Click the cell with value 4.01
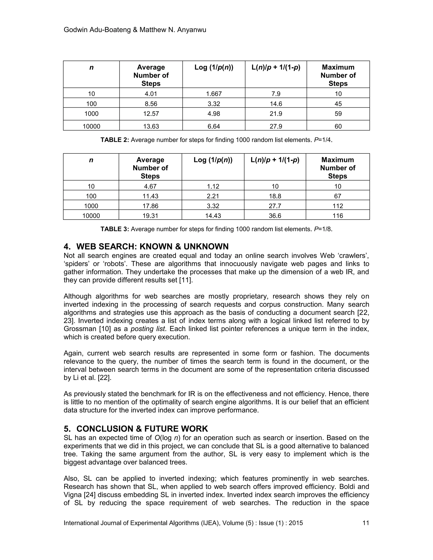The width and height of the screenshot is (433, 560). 151,94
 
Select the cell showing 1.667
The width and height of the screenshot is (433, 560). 214,94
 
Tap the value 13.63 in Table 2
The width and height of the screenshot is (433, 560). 151,126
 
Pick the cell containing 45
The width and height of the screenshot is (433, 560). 338,104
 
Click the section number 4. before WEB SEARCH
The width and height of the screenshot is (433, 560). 67,246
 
